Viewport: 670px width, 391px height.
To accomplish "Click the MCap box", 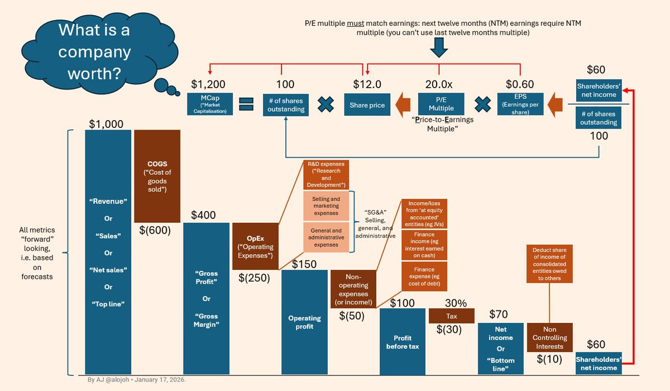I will [209, 104].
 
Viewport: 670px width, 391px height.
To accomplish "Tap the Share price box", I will [367, 104].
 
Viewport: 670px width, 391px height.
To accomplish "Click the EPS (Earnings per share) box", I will [520, 104].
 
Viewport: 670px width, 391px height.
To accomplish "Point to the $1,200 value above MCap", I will [208, 84].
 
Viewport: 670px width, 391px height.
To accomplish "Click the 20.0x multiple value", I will [439, 84].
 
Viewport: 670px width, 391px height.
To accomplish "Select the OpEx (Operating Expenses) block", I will [255, 246].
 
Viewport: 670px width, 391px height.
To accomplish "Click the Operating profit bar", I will [304, 322].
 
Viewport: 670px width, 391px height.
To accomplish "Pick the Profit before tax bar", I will [403, 341].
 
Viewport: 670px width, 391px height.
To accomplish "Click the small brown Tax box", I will [451, 316].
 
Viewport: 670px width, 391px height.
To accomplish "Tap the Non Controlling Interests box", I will [549, 337].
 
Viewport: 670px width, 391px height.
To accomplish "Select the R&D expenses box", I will [326, 175].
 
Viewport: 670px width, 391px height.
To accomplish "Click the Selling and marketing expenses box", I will [326, 206].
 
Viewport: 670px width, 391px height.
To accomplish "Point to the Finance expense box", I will [425, 276].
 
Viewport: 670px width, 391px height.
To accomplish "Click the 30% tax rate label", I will [456, 303].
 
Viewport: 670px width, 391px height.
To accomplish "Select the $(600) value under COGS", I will [155, 230].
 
